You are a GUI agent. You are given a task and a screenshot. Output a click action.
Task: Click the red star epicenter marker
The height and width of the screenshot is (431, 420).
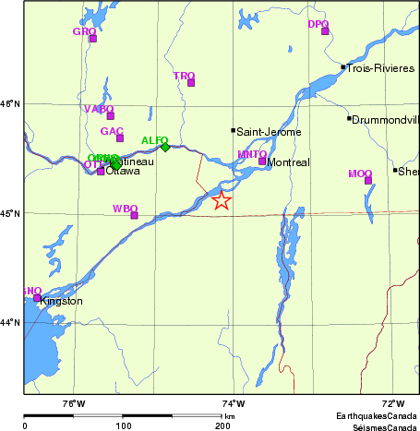pos(221,201)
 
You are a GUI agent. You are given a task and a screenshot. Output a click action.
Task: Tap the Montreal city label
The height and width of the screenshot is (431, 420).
pos(287,163)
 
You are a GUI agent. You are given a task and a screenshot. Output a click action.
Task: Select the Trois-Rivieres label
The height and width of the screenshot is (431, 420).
pos(381,68)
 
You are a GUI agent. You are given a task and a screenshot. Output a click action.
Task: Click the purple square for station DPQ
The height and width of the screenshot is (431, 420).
pos(325,31)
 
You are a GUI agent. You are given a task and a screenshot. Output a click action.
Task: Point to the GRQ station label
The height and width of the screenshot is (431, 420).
pos(84,31)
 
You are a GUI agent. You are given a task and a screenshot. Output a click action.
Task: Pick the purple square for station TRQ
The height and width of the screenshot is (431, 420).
pos(191,83)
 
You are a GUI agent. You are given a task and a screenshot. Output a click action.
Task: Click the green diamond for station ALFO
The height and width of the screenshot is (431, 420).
pos(165,147)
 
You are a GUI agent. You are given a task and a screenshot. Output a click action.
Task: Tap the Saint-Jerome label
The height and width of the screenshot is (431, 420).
pos(269,131)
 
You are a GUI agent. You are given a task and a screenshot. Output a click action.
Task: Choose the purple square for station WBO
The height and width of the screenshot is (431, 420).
pos(135,215)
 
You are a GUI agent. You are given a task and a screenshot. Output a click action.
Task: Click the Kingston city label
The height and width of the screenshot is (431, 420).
pos(62,302)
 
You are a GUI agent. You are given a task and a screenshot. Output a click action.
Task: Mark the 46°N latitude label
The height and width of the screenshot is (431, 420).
pos(10,103)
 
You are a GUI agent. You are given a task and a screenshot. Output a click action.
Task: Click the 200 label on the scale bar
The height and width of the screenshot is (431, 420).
pos(222,426)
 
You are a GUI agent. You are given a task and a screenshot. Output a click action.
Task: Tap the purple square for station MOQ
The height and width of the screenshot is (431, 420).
pos(367,180)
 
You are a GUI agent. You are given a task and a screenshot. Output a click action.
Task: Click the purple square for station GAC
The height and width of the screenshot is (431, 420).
pos(120,138)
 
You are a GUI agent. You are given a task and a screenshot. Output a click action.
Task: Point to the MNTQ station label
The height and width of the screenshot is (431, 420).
pos(251,153)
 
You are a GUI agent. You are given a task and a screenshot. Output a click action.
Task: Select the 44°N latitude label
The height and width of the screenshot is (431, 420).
pos(10,322)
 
